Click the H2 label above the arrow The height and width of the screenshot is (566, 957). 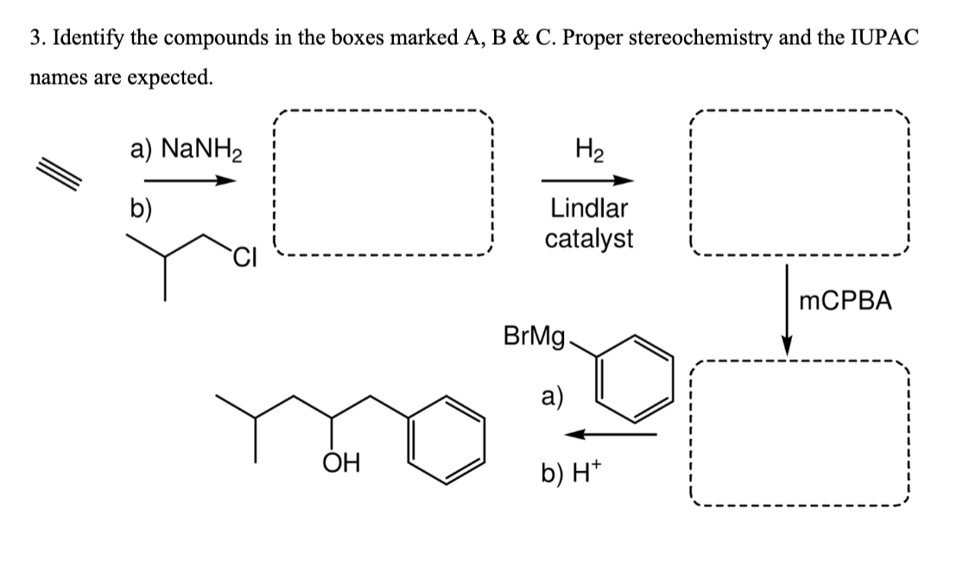click(587, 149)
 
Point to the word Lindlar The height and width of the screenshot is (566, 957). click(588, 208)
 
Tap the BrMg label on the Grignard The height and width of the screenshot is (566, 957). click(532, 336)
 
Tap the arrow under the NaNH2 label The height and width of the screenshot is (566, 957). click(189, 180)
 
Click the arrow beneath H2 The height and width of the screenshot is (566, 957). click(587, 180)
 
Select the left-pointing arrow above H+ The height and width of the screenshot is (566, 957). click(615, 433)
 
